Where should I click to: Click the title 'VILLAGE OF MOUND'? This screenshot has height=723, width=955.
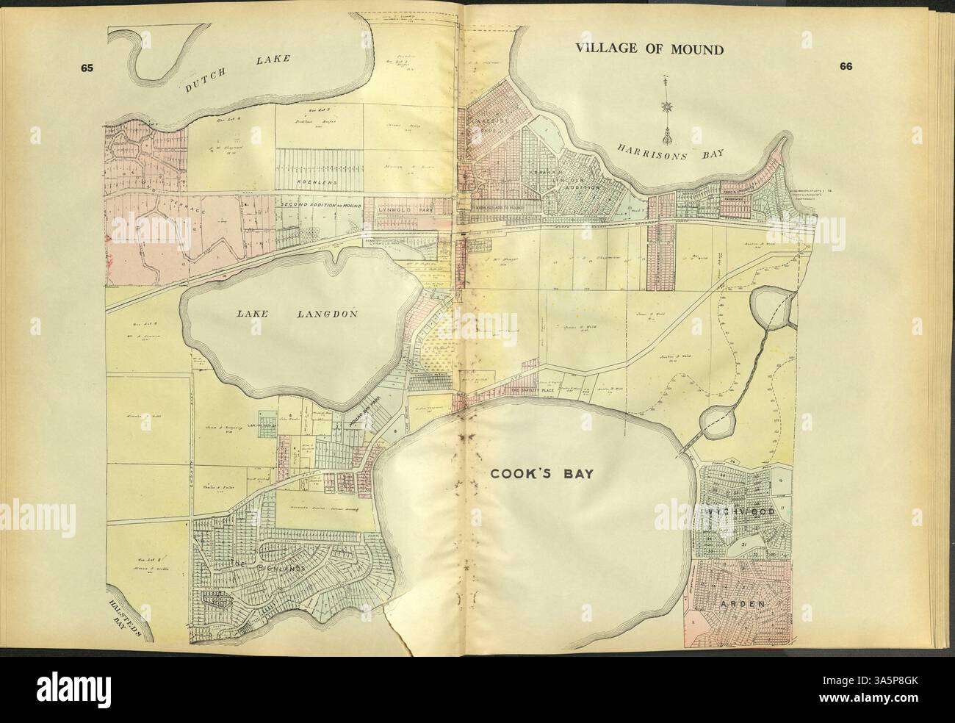(649, 50)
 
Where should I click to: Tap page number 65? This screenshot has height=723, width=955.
(89, 68)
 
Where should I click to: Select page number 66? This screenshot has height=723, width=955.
(846, 66)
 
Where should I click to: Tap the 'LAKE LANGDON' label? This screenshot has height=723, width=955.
(296, 314)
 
